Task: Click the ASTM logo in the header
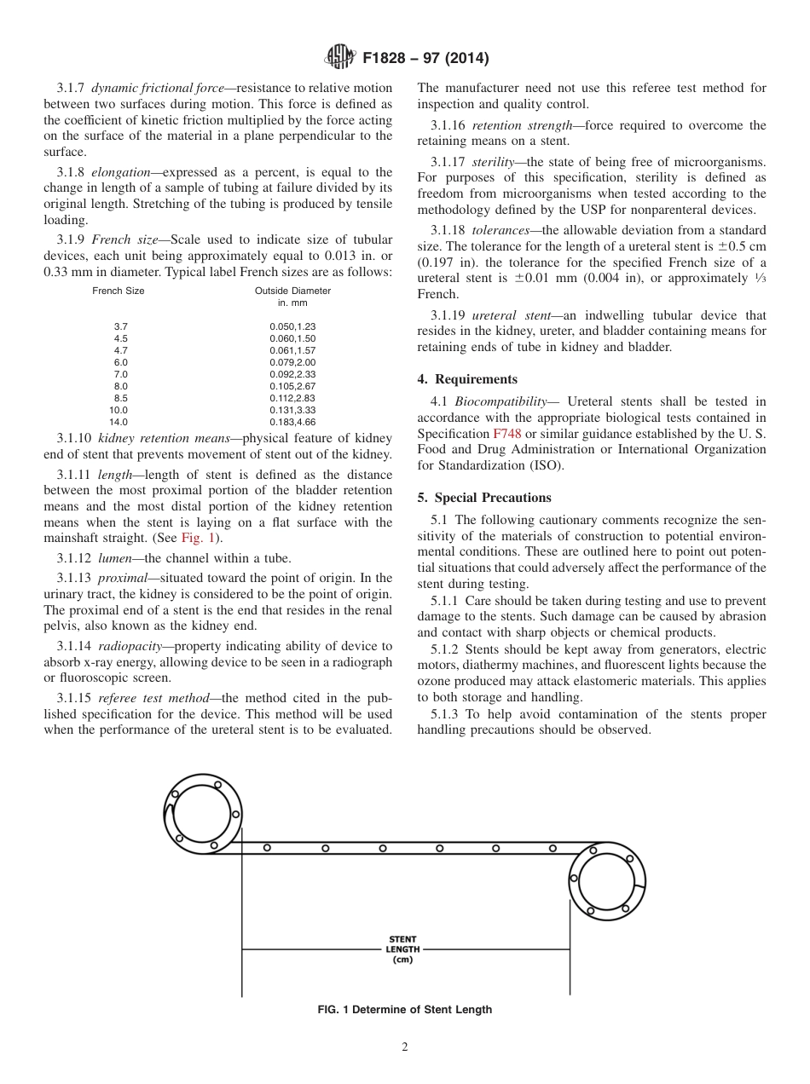pos(340,58)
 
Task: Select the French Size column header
pos(119,291)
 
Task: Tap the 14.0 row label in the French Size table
pos(118,422)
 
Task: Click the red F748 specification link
pos(506,434)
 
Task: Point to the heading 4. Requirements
pos(467,379)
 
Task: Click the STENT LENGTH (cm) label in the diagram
pos(402,949)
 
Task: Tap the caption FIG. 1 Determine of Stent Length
pos(404,1010)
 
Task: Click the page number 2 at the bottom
pos(405,1047)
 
